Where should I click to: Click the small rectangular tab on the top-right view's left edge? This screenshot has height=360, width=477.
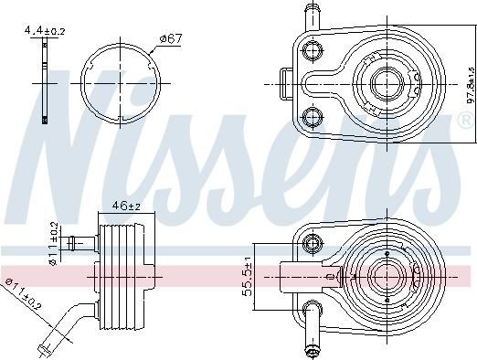click(284, 83)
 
